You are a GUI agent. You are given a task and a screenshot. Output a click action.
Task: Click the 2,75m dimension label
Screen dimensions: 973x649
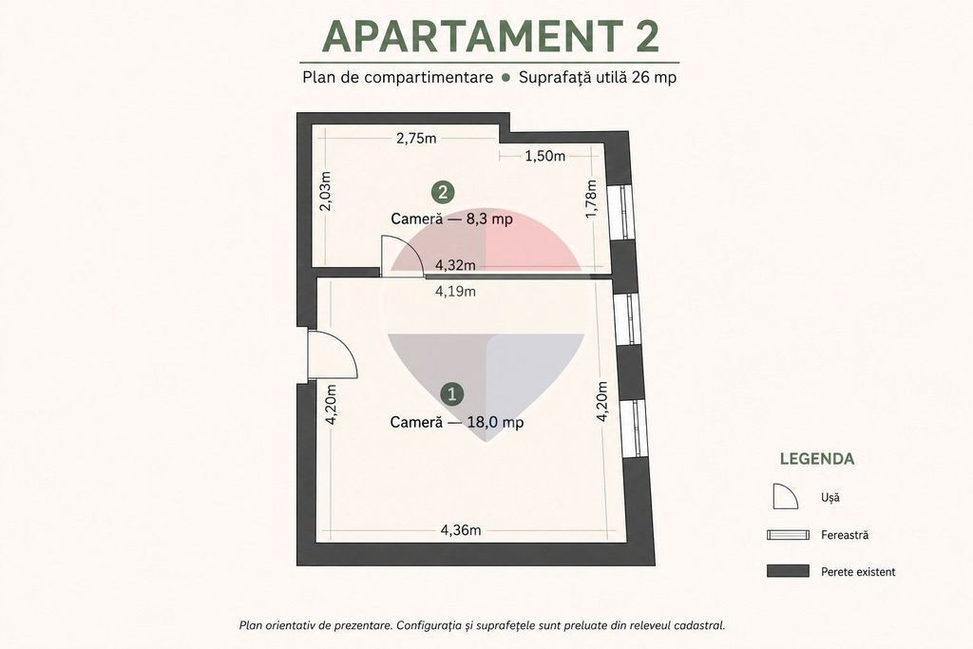click(416, 139)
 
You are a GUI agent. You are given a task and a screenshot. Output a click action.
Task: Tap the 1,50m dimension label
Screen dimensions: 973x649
click(545, 156)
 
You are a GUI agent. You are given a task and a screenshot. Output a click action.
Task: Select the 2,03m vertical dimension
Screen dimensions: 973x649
click(325, 190)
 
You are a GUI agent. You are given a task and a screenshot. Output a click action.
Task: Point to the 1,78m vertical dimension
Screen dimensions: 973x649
click(591, 199)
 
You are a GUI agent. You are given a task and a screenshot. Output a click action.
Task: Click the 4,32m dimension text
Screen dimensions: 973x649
click(455, 265)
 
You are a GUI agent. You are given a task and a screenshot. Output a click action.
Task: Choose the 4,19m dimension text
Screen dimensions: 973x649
click(455, 291)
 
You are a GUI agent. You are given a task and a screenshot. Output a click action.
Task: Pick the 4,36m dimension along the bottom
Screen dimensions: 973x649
click(461, 530)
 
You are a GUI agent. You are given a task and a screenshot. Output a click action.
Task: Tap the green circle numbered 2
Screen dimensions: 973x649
click(443, 192)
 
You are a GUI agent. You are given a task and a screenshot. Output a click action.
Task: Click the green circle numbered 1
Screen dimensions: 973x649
click(451, 393)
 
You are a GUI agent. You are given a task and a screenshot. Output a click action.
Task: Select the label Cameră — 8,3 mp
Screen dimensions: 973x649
click(451, 219)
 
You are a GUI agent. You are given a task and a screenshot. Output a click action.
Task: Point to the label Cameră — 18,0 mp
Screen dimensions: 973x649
click(457, 422)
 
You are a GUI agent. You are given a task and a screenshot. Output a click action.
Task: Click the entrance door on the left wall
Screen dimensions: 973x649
click(333, 354)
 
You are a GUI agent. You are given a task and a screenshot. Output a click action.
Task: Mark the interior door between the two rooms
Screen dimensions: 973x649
click(402, 255)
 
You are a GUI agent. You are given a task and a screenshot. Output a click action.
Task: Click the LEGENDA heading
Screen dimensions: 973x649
click(816, 459)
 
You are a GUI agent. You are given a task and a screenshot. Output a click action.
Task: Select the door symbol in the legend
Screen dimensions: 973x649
click(785, 496)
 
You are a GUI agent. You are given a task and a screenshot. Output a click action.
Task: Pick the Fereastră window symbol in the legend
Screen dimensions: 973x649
click(788, 535)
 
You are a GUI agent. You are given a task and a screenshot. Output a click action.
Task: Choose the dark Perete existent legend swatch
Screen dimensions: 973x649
click(788, 571)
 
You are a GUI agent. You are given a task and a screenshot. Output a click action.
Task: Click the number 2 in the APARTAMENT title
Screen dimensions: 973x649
click(646, 37)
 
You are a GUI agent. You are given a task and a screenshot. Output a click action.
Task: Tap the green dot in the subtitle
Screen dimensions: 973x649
click(506, 78)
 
